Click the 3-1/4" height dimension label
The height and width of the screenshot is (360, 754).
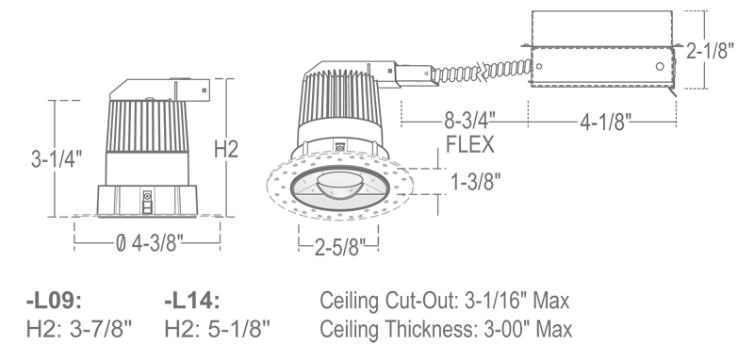[x=57, y=158]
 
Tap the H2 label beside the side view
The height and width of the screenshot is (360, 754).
[x=226, y=149]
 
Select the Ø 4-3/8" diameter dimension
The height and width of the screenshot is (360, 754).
[x=150, y=243]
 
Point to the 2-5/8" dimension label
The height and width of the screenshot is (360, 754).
[x=340, y=248]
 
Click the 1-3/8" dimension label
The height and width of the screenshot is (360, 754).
[x=476, y=182]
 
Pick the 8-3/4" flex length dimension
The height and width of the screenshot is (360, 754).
[x=469, y=121]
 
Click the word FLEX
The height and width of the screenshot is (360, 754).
[x=469, y=144]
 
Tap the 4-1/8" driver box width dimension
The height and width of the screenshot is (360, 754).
[x=605, y=123]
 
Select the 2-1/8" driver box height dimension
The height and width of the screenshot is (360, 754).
[x=711, y=50]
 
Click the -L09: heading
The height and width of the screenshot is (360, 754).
[x=54, y=301]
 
